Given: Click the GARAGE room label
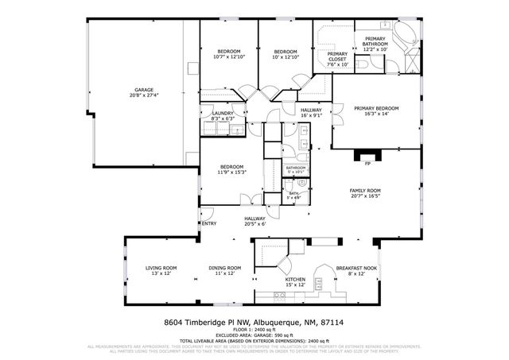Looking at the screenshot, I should [x=143, y=90].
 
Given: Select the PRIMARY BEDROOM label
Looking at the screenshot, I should [x=376, y=108].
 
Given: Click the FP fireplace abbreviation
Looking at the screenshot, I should [x=367, y=165].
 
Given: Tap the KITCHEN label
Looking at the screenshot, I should [x=295, y=280].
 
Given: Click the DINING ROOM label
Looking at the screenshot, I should [x=224, y=268].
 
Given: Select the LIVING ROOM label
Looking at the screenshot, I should [x=161, y=268].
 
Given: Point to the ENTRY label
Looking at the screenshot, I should [x=209, y=223].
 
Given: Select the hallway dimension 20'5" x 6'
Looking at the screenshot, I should [x=254, y=223].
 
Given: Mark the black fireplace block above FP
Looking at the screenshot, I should [x=367, y=154].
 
